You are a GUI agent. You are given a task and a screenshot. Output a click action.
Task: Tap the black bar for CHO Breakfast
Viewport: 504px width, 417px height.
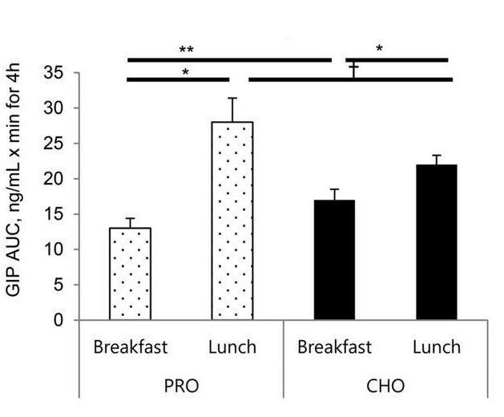334,260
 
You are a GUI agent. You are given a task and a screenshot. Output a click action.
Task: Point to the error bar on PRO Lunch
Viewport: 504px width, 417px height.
232,110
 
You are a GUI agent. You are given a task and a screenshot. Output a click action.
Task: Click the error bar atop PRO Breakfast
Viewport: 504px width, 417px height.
130,223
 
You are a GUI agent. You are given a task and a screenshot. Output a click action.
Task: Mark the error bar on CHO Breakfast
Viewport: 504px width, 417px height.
334,195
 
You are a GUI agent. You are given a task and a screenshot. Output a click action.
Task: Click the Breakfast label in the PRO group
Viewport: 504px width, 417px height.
130,347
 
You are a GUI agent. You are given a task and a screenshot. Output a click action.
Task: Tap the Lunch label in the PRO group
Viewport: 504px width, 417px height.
232,347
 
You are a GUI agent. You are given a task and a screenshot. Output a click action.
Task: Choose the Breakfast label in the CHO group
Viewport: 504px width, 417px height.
334,347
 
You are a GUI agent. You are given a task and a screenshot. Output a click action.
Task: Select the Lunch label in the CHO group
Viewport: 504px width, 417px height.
437,347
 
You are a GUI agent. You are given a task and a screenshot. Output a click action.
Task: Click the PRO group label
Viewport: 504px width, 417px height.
181,386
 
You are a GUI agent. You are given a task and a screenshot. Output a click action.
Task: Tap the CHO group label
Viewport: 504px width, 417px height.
385,386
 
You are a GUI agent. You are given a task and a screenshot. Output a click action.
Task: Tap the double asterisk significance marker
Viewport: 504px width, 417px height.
187,49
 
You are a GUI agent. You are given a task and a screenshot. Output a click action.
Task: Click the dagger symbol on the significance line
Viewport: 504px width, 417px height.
354,70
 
